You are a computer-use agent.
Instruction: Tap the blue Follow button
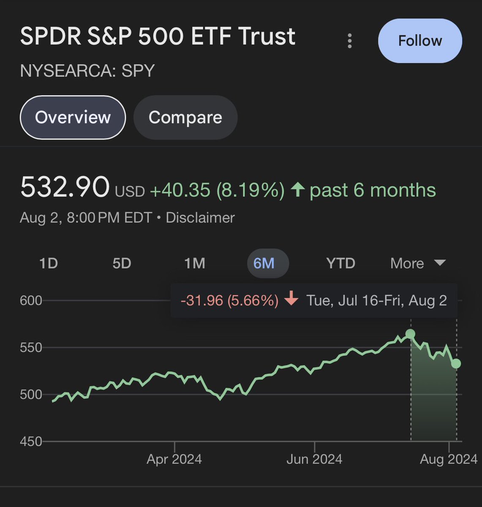(420, 41)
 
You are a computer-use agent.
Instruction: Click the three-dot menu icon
(350, 41)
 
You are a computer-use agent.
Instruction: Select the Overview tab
(73, 117)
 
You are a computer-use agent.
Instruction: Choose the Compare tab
(185, 117)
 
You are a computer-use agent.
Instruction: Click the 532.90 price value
(65, 187)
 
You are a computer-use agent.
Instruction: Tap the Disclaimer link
(200, 218)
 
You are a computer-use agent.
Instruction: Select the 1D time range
(49, 263)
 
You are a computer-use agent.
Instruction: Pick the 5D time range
(122, 263)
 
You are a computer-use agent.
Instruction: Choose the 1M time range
(195, 263)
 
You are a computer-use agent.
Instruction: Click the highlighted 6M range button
(268, 263)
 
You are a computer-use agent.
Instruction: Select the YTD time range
(340, 263)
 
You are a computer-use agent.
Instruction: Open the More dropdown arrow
(440, 263)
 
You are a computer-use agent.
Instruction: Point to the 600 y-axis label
(31, 301)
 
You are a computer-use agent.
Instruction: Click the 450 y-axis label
(31, 442)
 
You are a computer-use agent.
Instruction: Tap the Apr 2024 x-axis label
(174, 459)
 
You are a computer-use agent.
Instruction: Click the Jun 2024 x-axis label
(314, 459)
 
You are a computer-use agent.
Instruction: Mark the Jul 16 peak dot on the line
(410, 334)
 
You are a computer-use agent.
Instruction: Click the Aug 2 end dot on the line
(456, 364)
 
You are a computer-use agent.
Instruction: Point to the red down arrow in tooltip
(291, 298)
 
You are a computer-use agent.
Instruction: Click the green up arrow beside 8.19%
(298, 189)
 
